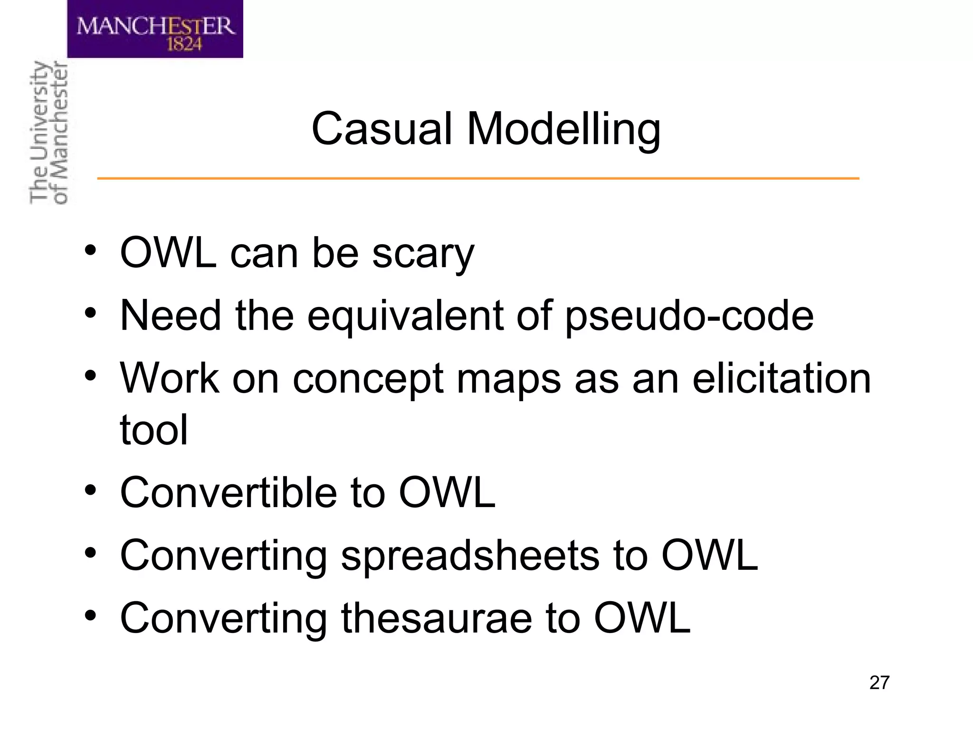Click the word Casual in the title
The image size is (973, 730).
click(381, 129)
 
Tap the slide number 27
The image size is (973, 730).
click(879, 682)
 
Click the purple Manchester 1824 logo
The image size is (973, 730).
click(155, 29)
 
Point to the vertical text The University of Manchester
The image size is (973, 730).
click(48, 133)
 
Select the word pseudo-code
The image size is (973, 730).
click(689, 316)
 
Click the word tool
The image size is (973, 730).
click(153, 430)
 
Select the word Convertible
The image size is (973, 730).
click(229, 492)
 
